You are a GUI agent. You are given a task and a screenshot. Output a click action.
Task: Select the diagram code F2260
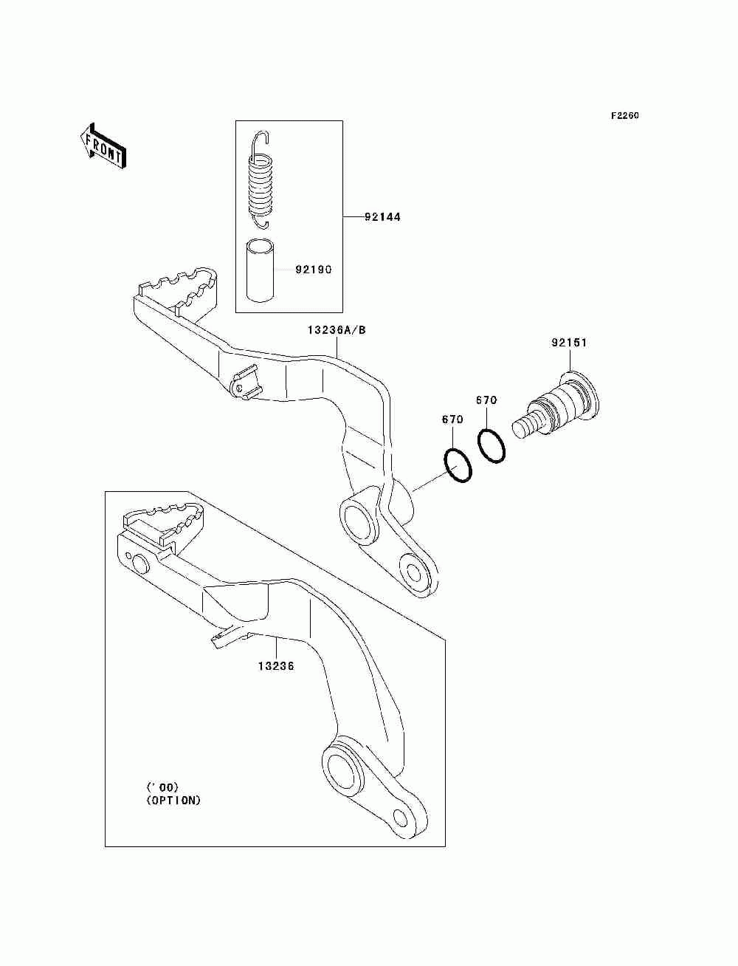(624, 116)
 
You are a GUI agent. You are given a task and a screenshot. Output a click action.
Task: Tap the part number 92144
(382, 217)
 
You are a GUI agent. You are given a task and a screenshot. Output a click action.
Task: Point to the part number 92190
(314, 270)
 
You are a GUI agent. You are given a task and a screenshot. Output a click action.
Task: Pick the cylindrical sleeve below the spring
(259, 271)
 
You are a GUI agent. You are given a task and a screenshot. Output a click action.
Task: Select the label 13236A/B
(337, 330)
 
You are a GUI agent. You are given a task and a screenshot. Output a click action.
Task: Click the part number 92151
(570, 343)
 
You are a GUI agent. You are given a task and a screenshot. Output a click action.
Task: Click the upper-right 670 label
(486, 400)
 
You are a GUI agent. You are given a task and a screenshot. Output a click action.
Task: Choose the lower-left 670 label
(452, 419)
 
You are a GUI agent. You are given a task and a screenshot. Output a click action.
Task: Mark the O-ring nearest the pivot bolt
(492, 445)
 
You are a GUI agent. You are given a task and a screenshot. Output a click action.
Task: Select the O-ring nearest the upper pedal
(458, 466)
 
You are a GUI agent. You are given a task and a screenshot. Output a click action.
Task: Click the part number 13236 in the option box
(276, 666)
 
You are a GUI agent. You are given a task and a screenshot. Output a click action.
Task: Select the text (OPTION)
(173, 801)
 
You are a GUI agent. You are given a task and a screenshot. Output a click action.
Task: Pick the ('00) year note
(162, 787)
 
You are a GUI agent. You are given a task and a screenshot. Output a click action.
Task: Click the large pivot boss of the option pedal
(342, 764)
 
